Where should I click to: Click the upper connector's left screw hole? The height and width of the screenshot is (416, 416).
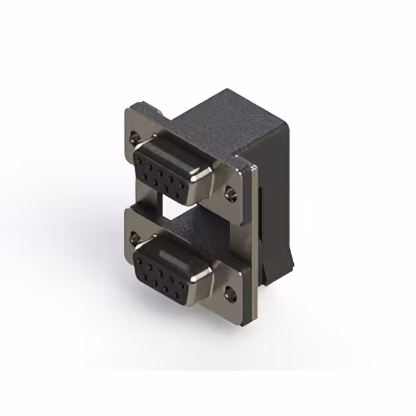click(135, 137)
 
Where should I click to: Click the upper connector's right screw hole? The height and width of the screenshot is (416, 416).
click(229, 192)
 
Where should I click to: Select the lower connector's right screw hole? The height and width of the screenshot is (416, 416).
click(229, 292)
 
